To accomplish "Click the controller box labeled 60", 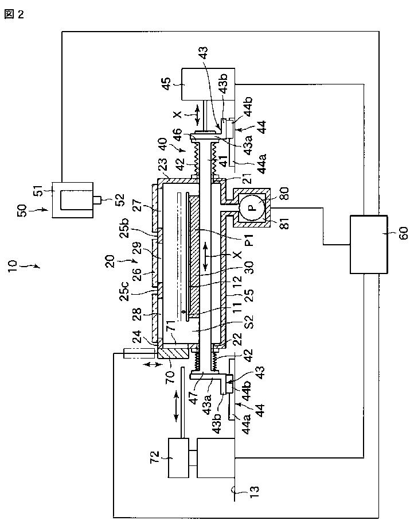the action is [x=369, y=245].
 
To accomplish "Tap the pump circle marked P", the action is [x=253, y=207].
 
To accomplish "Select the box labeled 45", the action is [x=208, y=84].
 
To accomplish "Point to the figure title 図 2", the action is [x=14, y=14].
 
